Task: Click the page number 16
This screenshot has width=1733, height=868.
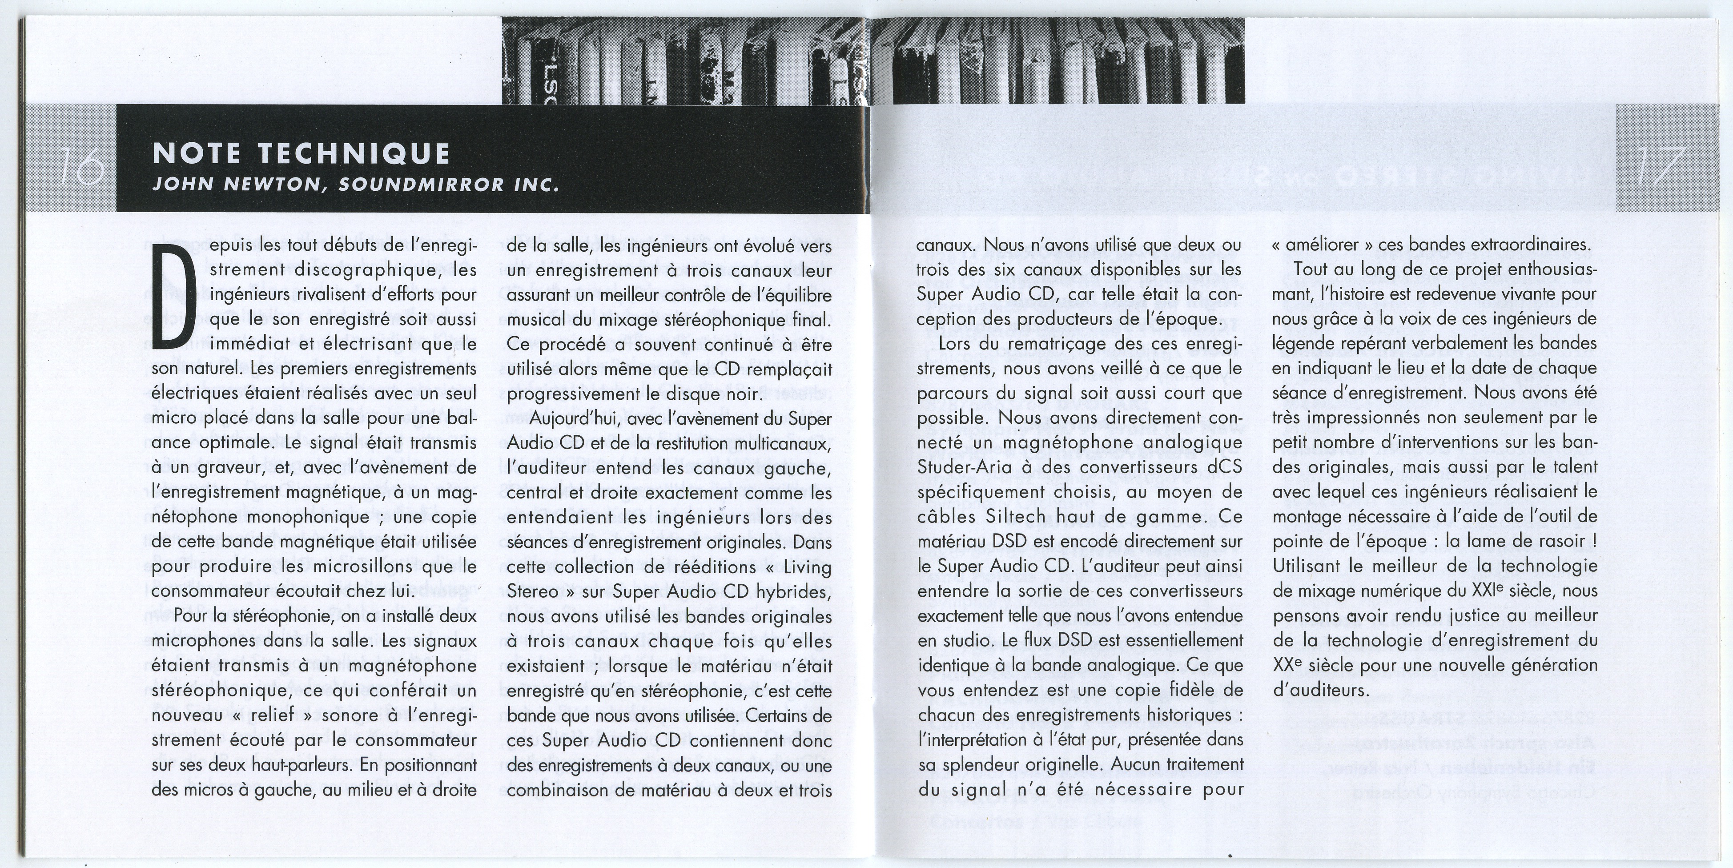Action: pos(80,176)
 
